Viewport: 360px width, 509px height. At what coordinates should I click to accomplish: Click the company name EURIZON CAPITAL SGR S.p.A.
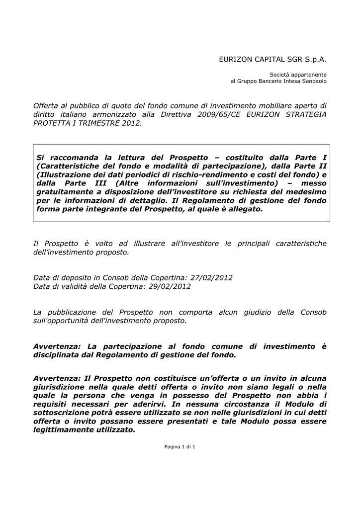click(273, 59)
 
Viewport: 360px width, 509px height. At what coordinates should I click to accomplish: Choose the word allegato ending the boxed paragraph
click(245, 209)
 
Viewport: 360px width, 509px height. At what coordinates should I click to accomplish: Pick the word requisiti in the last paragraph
click(51, 404)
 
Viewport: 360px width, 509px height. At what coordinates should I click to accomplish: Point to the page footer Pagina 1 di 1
click(180, 447)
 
